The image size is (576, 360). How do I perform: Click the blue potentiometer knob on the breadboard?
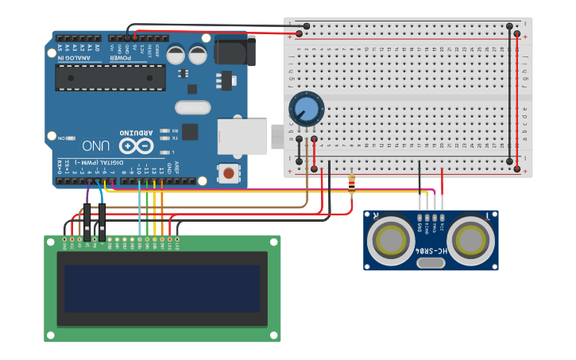click(305, 108)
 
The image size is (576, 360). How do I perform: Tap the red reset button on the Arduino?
click(229, 172)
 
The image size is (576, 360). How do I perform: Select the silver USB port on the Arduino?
click(242, 137)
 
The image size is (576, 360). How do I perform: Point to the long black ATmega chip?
click(110, 77)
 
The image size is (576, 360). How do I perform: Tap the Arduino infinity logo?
click(136, 146)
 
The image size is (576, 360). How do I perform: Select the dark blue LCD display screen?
click(162, 288)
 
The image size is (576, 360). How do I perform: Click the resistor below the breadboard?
click(352, 184)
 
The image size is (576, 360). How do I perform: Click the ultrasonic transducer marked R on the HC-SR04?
click(392, 240)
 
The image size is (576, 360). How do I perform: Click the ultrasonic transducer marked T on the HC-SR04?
click(470, 240)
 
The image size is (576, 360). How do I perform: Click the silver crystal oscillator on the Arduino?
click(192, 107)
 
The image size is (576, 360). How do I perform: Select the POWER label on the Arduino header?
click(121, 58)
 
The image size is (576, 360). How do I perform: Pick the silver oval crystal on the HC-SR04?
click(431, 258)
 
